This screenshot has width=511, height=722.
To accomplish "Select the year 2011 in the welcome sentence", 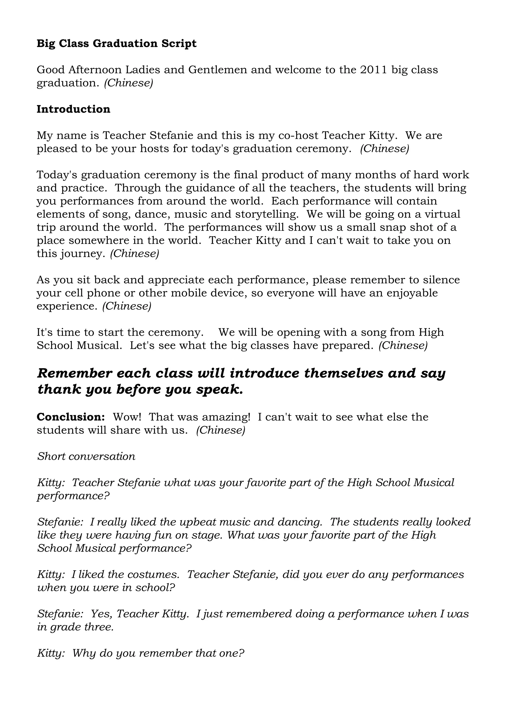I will click(x=374, y=70).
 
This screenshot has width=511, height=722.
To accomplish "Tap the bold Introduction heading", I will click(x=73, y=109).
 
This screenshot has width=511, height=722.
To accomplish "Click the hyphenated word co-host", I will click(x=298, y=136).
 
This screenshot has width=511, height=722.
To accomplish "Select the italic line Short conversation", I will click(x=86, y=456).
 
